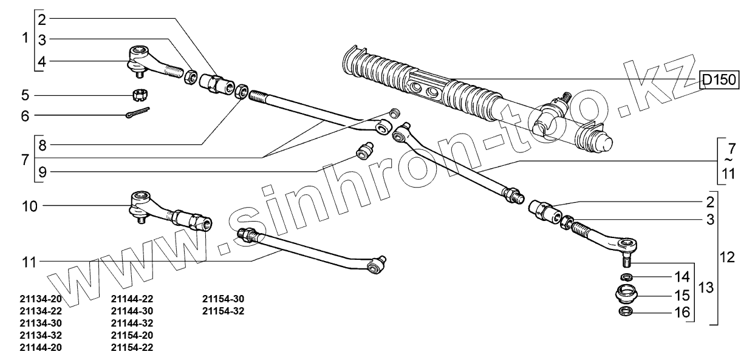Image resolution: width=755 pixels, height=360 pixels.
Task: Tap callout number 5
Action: coord(25,95)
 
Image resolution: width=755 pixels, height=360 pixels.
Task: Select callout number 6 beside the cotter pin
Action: coord(25,115)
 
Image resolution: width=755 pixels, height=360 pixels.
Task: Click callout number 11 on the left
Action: coord(29,263)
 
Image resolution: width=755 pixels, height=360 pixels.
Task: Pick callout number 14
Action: coord(681,277)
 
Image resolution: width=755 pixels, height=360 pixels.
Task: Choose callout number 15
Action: coord(681,296)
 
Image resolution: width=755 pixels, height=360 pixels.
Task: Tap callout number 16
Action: coord(681,313)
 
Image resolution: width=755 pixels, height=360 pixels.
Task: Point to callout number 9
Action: coord(42,171)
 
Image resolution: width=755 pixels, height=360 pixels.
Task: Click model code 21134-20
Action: coord(41,299)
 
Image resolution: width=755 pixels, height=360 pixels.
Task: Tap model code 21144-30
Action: coord(132,311)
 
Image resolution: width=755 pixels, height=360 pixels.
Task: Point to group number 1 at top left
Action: coord(25,38)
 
